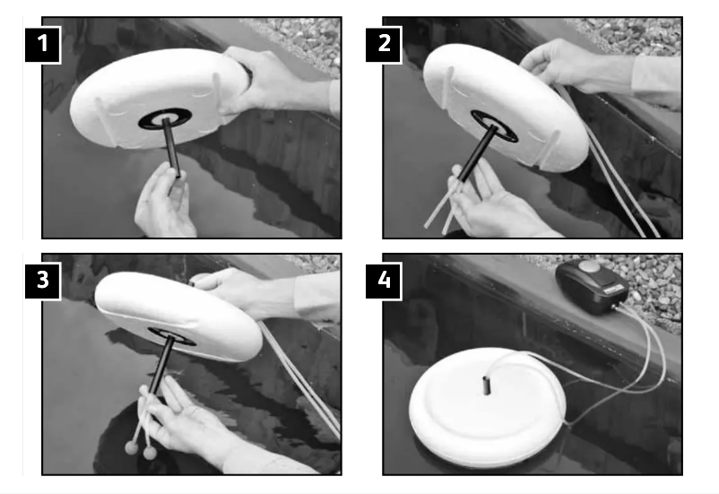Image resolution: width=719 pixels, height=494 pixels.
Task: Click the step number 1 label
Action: (x=43, y=45)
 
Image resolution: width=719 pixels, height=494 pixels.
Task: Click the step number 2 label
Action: (x=384, y=45)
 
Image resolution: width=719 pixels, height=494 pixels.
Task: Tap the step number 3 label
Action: (x=43, y=281)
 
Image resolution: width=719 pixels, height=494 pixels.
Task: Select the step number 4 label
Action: (x=384, y=281)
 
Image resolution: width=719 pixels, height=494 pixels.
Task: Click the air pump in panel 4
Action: (x=591, y=287)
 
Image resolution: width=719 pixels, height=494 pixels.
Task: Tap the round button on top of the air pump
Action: (x=590, y=266)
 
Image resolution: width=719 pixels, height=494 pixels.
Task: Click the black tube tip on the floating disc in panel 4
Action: (x=486, y=386)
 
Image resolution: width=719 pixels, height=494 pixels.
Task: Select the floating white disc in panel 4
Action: (x=488, y=407)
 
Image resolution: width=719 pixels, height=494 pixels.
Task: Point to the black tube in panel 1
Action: (x=171, y=148)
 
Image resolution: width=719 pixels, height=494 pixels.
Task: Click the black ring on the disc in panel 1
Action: (x=166, y=119)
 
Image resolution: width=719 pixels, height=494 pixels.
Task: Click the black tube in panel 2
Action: (x=478, y=152)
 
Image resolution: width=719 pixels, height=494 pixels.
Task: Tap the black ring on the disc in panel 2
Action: (x=495, y=126)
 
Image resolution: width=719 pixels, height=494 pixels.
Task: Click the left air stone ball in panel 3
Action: (x=131, y=447)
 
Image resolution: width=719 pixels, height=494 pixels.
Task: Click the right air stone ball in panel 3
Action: (x=150, y=453)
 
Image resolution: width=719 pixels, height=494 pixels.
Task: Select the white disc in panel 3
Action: (x=178, y=316)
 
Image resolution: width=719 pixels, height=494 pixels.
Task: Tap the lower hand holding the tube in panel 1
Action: (x=164, y=202)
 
